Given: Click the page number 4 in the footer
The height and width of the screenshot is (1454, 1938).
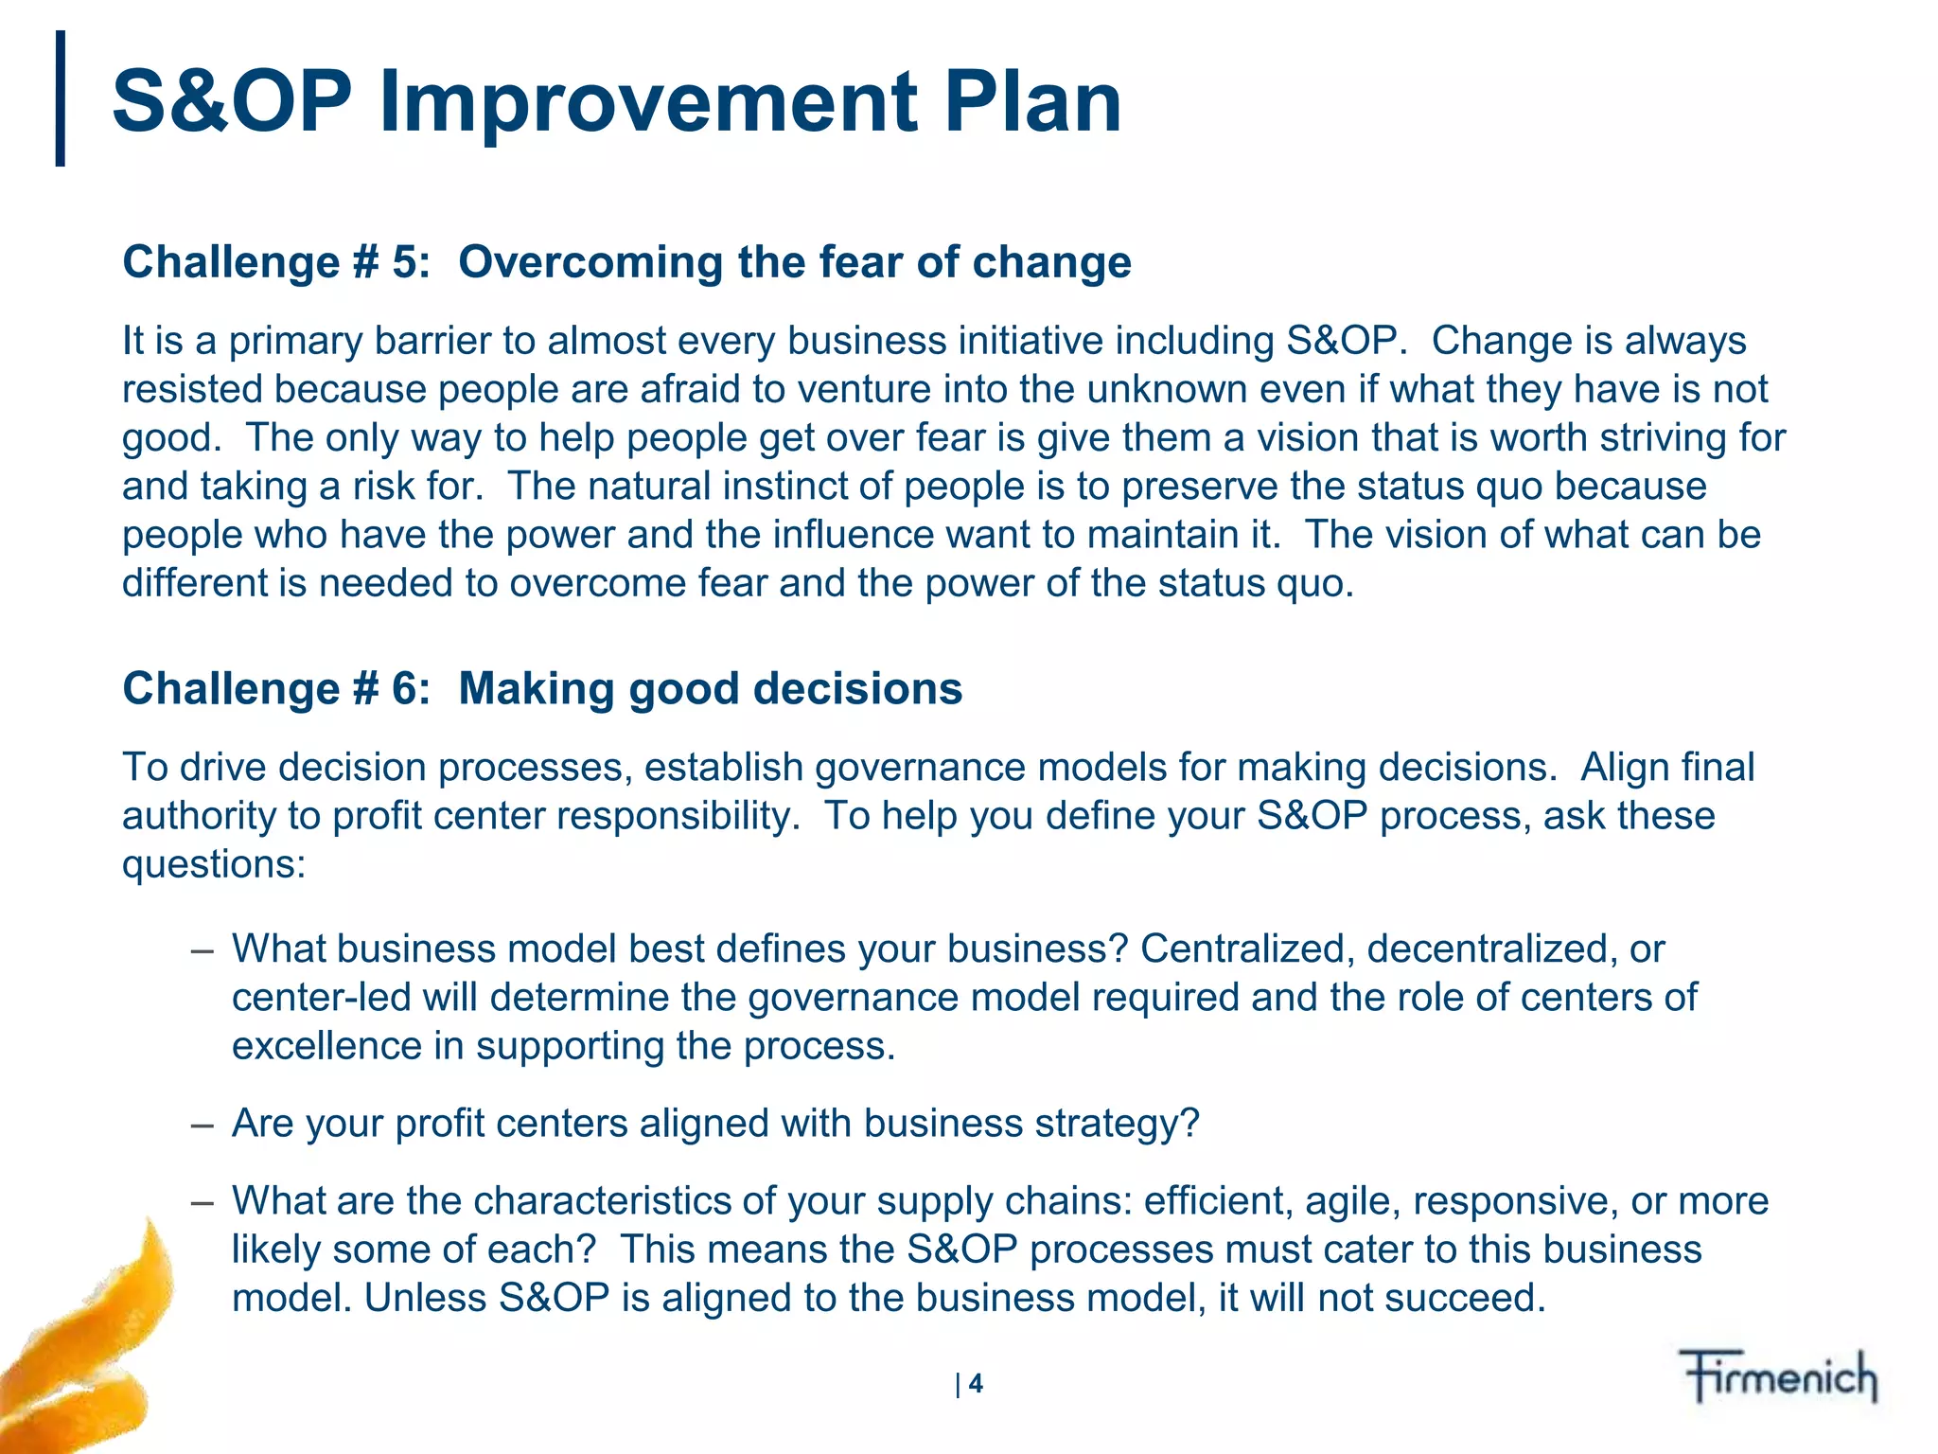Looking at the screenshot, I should click(976, 1384).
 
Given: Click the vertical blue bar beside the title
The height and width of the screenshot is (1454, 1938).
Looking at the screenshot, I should click(61, 98).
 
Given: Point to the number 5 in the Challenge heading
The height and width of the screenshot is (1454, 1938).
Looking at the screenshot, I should click(404, 262).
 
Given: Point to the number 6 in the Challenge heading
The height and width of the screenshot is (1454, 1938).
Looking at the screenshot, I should click(404, 688).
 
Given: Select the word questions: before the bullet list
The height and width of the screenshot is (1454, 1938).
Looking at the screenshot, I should click(214, 864).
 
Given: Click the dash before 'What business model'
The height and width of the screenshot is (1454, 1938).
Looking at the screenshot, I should click(201, 949).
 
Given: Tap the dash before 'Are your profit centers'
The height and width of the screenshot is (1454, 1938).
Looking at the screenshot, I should click(201, 1124).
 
